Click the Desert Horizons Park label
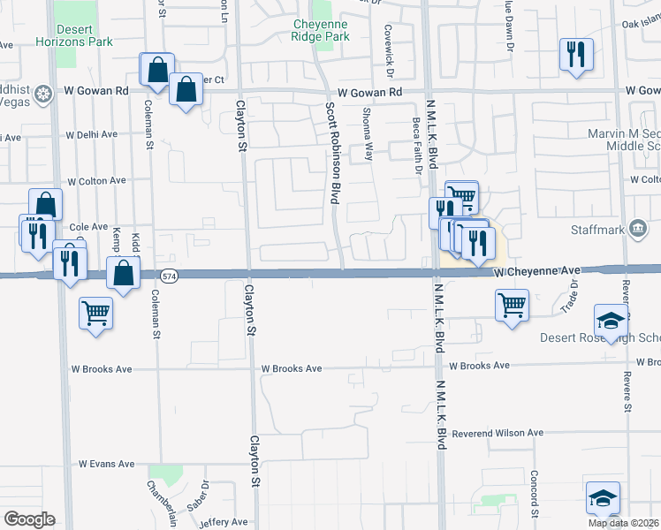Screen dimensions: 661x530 pyautogui.click(x=87, y=35)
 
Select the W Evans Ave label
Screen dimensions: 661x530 pyautogui.click(x=106, y=463)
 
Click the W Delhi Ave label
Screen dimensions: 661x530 pyautogui.click(x=92, y=135)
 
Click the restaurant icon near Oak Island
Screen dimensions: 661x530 pyautogui.click(x=574, y=54)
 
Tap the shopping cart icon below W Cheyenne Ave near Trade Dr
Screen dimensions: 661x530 pyautogui.click(x=513, y=306)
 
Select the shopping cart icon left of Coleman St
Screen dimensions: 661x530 pyautogui.click(x=95, y=312)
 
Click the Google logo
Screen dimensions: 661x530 pyautogui.click(x=28, y=519)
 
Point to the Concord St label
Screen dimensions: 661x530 pyautogui.click(x=535, y=495)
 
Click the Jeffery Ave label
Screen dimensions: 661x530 pyautogui.click(x=211, y=522)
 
